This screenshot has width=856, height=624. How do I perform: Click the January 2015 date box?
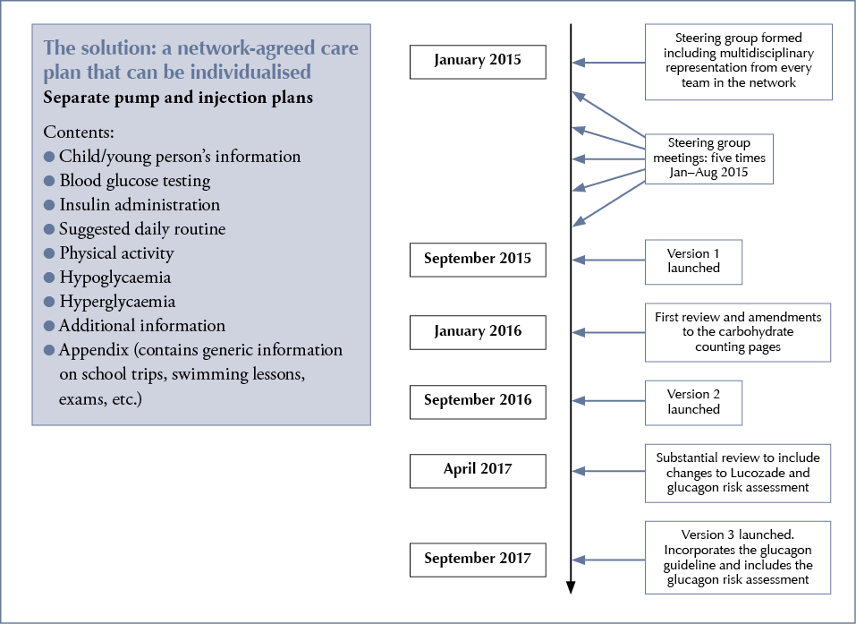point(477,62)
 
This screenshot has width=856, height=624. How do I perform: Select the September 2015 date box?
point(477,260)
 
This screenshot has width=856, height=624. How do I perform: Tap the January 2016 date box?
point(477,331)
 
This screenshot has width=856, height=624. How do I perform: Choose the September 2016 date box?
point(477,401)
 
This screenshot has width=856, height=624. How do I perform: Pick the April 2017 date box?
point(477,470)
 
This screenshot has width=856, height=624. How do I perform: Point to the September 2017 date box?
point(477,560)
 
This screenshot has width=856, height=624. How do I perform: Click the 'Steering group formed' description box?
point(738,62)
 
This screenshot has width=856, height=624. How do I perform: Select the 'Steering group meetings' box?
point(708,159)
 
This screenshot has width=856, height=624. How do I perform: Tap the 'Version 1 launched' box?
point(693,260)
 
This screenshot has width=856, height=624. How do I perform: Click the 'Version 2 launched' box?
point(693,401)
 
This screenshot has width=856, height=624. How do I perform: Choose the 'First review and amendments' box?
point(738,331)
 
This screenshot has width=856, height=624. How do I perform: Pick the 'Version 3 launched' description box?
point(738,556)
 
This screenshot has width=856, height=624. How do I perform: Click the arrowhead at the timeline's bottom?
point(571,587)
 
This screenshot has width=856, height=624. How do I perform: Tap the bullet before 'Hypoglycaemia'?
point(49,278)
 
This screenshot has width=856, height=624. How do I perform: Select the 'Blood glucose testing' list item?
point(134,181)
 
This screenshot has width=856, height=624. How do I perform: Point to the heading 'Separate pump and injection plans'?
point(178,98)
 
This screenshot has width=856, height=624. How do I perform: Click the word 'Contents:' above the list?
point(77,132)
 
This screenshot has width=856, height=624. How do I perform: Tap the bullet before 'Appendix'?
point(49,350)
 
